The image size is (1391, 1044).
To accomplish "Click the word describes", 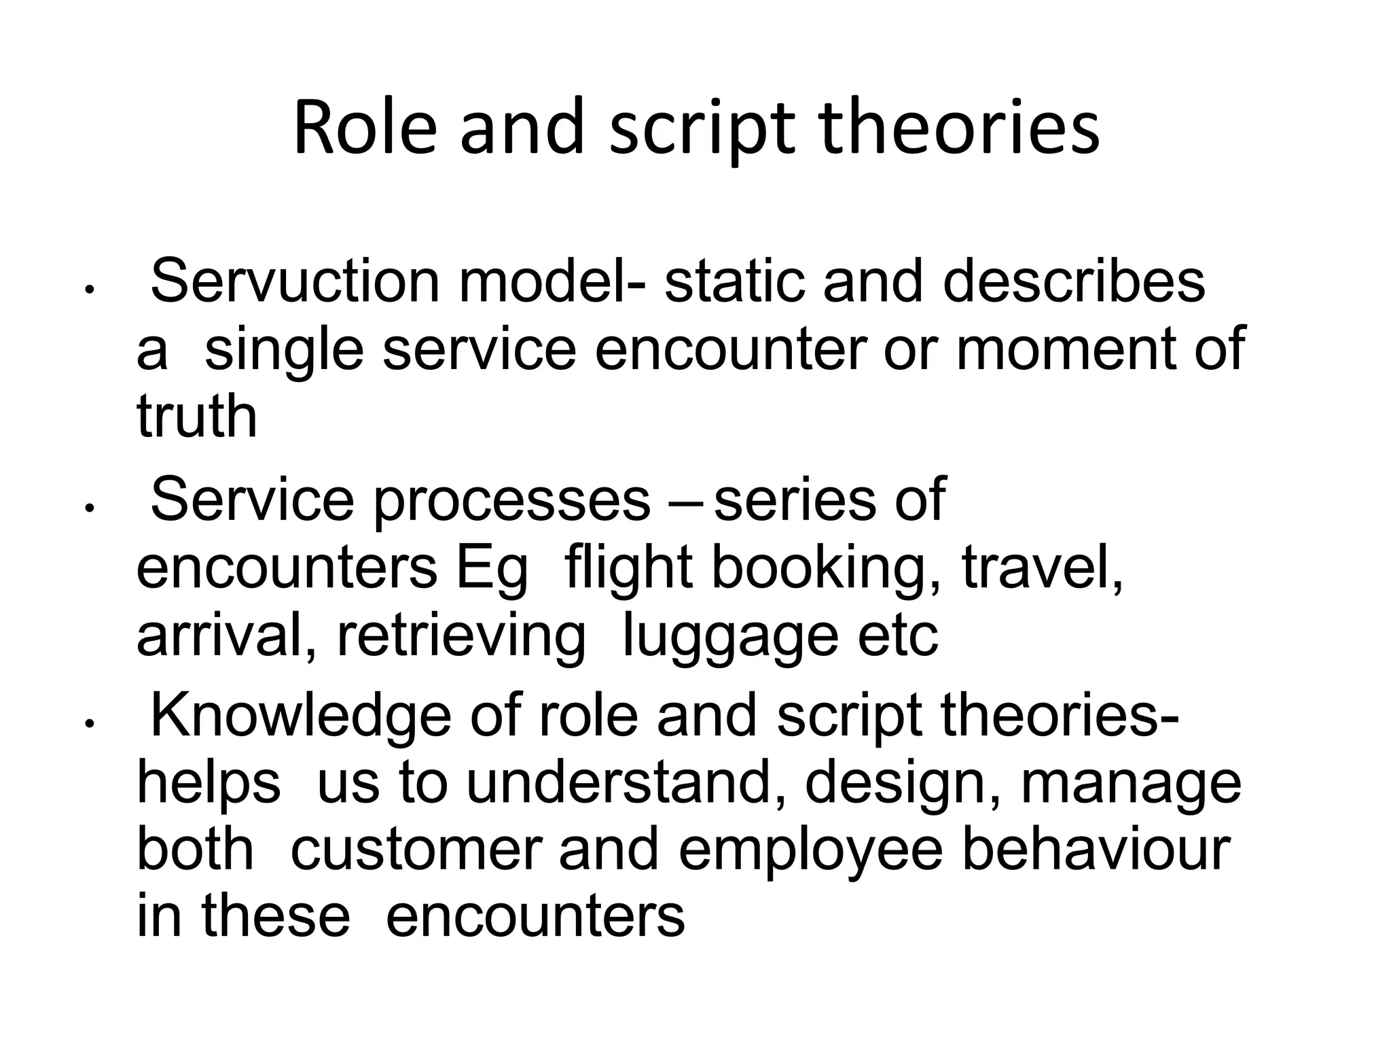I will (x=1073, y=281).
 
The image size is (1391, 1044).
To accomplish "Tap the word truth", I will (x=197, y=416).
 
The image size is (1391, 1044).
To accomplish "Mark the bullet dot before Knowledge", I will (x=88, y=725).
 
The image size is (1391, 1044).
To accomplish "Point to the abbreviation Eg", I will (x=491, y=570).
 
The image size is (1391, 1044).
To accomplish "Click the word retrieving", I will (x=461, y=638).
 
